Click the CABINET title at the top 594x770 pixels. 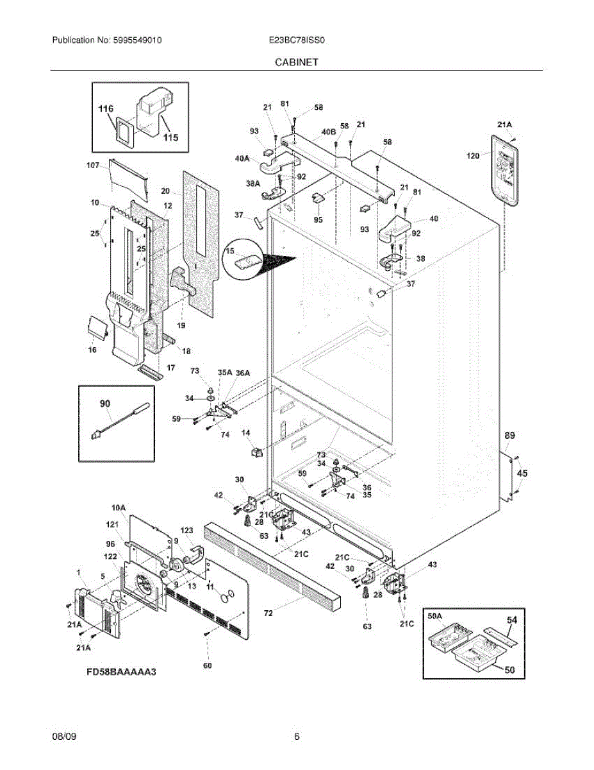click(x=297, y=62)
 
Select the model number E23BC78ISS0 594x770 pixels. click(x=297, y=40)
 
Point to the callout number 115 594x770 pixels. click(x=170, y=137)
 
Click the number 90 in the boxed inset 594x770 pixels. click(x=104, y=404)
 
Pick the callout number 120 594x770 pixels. click(x=474, y=156)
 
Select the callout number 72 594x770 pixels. click(x=268, y=613)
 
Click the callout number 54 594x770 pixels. click(x=512, y=620)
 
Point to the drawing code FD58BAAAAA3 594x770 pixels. click(x=122, y=672)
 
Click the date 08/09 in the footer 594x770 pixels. click(x=64, y=737)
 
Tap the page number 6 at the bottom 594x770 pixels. click(x=297, y=737)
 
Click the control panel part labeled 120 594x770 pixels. click(x=505, y=170)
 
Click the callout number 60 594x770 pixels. click(x=207, y=665)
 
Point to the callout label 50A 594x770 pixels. click(x=435, y=616)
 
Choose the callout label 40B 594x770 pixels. click(x=328, y=132)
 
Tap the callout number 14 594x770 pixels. click(x=245, y=434)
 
